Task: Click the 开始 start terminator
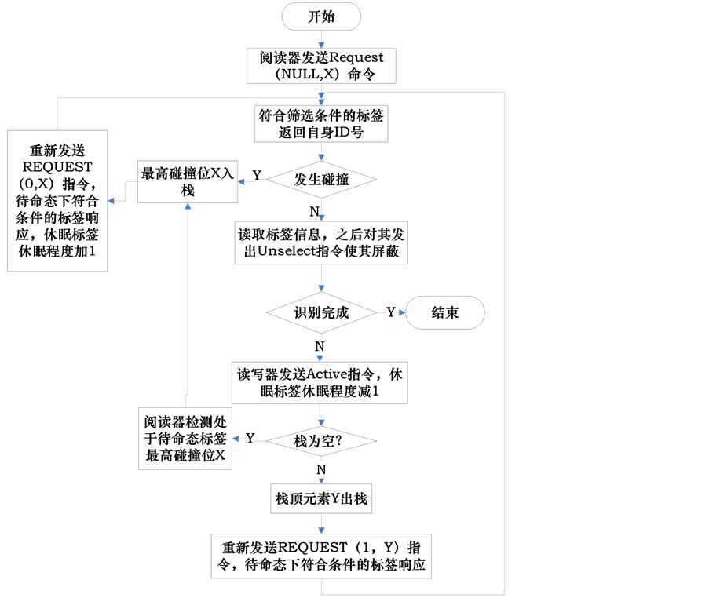(321, 16)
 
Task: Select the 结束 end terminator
(445, 312)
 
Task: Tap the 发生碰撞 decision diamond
(321, 179)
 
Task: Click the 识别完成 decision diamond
(321, 312)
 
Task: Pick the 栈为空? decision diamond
(321, 441)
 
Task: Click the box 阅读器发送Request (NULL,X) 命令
(321, 66)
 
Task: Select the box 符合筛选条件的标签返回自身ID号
(321, 124)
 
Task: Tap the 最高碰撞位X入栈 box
(187, 181)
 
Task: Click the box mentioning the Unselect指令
(321, 243)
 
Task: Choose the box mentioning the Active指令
(321, 383)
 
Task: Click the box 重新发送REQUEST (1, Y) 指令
(321, 556)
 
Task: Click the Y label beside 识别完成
(390, 312)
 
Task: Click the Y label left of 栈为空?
(250, 438)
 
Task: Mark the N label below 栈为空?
(320, 469)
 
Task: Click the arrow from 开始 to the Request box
(321, 40)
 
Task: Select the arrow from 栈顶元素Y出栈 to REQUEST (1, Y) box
(321, 524)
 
